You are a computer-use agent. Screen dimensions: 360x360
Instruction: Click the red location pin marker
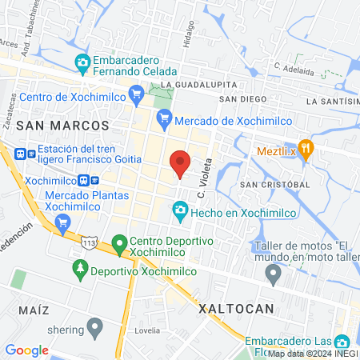[x=180, y=163]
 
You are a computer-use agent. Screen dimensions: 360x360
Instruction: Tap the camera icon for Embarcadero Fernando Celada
[x=82, y=62]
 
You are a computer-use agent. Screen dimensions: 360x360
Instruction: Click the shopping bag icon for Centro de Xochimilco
[x=10, y=98]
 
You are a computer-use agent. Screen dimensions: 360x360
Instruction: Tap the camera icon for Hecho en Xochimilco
[x=180, y=211]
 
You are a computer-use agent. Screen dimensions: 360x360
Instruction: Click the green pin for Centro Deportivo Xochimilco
[x=119, y=242]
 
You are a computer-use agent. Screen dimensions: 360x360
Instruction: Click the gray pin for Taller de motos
[x=274, y=276]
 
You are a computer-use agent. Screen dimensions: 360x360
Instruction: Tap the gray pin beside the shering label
[x=95, y=326]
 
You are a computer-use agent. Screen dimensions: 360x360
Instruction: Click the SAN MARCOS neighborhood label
[x=62, y=126]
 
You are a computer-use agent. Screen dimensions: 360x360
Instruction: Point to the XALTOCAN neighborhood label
[x=236, y=308]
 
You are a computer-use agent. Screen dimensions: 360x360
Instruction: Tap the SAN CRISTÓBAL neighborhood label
[x=274, y=184]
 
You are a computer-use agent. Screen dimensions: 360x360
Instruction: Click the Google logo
[x=26, y=350]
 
